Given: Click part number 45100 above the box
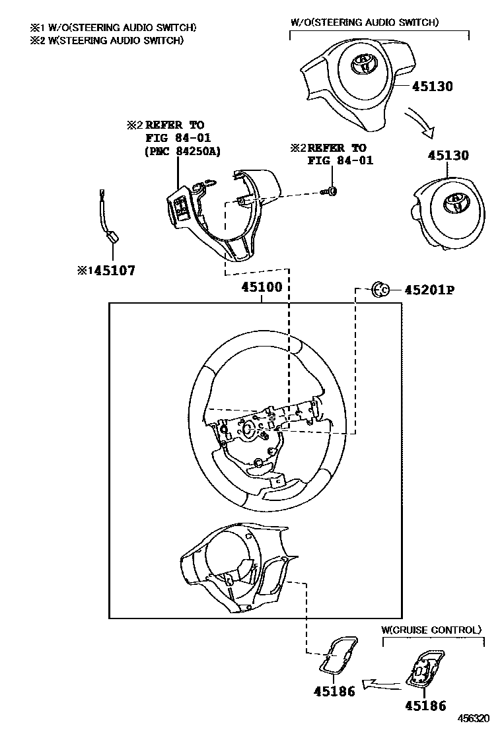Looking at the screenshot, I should point(262,288).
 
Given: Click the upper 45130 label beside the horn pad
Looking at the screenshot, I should point(433,86).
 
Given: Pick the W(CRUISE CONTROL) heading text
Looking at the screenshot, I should point(431,630).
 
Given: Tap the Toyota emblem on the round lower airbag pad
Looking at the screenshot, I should point(455,203).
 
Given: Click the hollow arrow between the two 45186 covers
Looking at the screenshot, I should point(382,683).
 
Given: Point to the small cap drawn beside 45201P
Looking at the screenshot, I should point(380,289).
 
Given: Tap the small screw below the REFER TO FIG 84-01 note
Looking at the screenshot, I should point(330,192).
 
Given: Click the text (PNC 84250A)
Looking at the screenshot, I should point(182,152).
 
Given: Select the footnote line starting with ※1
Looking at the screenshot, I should point(112,28).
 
